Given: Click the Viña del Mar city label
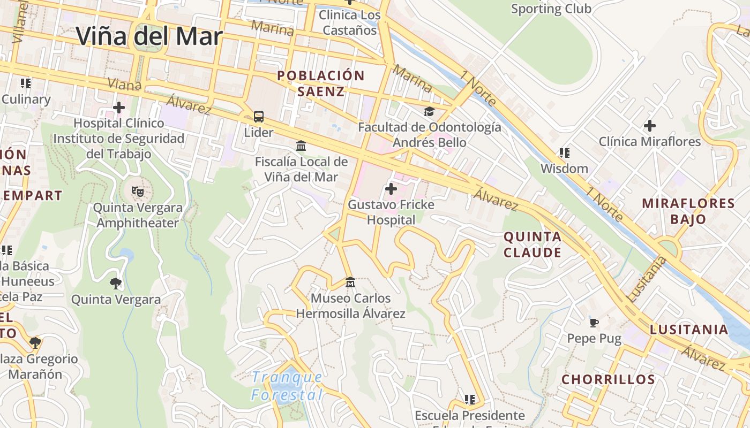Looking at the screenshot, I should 149,36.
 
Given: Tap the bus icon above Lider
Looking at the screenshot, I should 259,116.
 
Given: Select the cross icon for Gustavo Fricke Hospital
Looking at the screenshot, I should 391,188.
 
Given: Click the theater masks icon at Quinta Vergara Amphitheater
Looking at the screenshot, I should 138,191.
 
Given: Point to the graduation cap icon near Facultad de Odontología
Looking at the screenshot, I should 429,111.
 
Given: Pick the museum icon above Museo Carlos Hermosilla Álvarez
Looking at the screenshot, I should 350,282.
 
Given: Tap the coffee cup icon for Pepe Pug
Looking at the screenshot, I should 594,322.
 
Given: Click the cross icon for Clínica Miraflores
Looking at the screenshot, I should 649,126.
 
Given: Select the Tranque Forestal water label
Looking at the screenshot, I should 287,386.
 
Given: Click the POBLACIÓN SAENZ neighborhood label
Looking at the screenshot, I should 321,83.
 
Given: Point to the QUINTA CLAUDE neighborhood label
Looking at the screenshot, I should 532,244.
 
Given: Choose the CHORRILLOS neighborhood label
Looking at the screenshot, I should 608,379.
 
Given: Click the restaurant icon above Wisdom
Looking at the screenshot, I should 564,153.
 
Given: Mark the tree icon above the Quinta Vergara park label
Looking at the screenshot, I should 115,283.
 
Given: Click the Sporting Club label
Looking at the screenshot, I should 551,9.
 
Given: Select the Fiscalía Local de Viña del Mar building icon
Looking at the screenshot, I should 301,146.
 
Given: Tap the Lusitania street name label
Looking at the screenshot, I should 647,279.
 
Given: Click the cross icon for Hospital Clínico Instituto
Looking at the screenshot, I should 119,108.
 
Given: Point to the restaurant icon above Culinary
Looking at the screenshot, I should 25,83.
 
